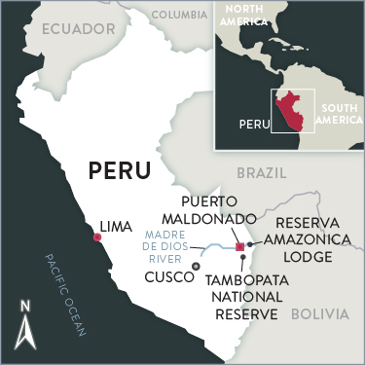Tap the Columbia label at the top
[180, 15]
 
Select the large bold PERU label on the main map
[121, 169]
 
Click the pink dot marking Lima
[96, 237]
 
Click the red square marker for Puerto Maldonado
[239, 247]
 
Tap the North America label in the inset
[257, 16]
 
